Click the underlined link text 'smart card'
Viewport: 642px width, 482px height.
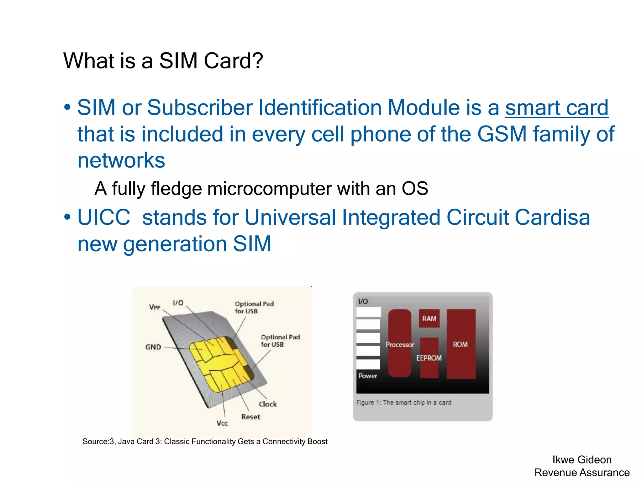[x=557, y=108]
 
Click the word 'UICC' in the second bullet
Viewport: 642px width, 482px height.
[x=103, y=217]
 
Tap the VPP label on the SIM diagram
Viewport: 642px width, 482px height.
[x=155, y=307]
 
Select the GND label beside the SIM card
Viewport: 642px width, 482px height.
[x=153, y=347]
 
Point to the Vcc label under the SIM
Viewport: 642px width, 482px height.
[x=222, y=423]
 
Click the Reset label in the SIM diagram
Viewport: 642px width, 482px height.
[x=250, y=417]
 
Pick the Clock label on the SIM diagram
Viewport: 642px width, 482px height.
[x=268, y=404]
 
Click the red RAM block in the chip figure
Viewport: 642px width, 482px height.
[x=429, y=319]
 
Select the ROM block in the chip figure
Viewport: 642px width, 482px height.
[x=460, y=344]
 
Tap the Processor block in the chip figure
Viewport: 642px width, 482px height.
[x=400, y=344]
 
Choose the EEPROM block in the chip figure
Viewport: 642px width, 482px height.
[x=429, y=358]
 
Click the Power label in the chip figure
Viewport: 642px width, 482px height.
[x=368, y=376]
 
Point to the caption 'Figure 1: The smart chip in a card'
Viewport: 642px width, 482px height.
[x=404, y=403]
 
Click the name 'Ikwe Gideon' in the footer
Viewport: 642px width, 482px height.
[x=582, y=460]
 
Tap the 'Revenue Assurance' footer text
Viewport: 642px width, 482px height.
[x=582, y=473]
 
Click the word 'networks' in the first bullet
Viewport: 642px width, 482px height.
[x=121, y=160]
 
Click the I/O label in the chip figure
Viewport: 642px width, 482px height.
[x=363, y=302]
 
